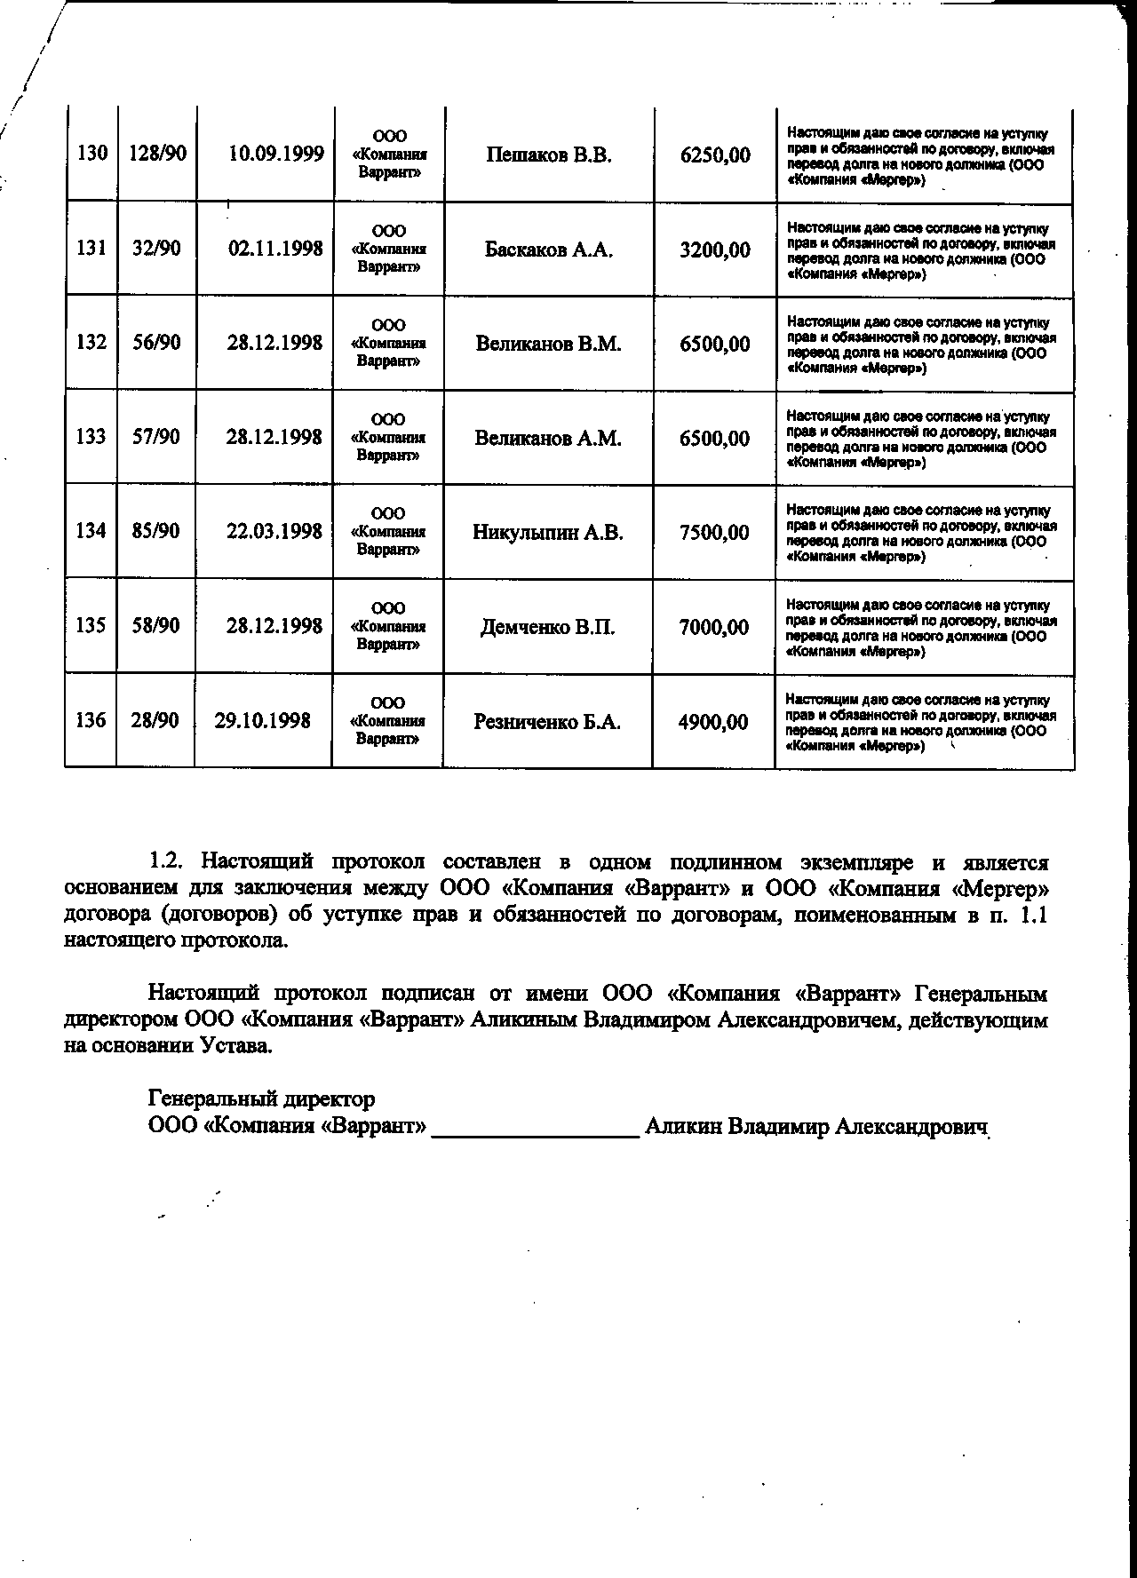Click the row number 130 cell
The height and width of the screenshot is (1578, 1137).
coord(92,154)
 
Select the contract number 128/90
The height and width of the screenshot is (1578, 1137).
coord(157,154)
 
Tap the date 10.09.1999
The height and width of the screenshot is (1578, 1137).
coord(275,155)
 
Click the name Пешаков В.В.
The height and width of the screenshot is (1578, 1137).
coord(549,155)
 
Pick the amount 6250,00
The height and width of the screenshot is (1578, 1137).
coord(715,155)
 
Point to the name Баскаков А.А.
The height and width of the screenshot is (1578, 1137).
coord(549,250)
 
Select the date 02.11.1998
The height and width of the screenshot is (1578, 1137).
coord(275,249)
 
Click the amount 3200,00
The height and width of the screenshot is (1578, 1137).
coord(715,250)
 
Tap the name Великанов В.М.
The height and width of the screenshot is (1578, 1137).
coord(548,344)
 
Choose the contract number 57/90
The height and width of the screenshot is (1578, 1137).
coord(156,437)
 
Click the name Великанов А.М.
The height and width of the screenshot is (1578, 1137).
coord(548,438)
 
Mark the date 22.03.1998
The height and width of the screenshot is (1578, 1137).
coord(274,531)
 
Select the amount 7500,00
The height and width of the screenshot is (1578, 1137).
coord(714,533)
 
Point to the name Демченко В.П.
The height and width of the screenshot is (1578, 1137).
coord(548,627)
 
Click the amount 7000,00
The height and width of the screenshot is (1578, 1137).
coord(714,627)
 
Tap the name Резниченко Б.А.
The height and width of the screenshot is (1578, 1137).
coord(547,722)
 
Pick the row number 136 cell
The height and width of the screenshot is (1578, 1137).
coord(91,720)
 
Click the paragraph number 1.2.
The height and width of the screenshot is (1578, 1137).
coord(165,861)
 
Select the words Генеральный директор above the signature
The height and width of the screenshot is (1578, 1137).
coord(261,1099)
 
